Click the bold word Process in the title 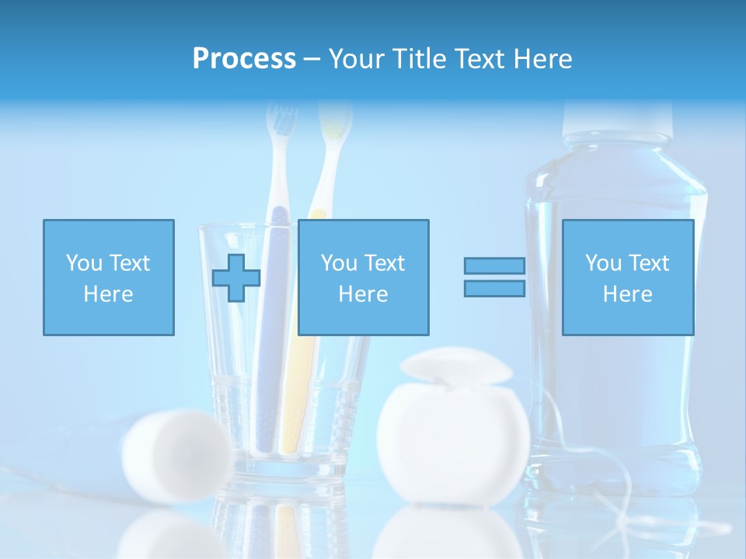click(x=244, y=59)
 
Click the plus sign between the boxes click(x=236, y=277)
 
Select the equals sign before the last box click(x=494, y=277)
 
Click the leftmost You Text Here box click(x=108, y=277)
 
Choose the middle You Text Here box click(x=363, y=277)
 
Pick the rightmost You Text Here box click(x=627, y=277)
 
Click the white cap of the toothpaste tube click(x=178, y=454)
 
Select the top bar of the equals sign click(x=494, y=266)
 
